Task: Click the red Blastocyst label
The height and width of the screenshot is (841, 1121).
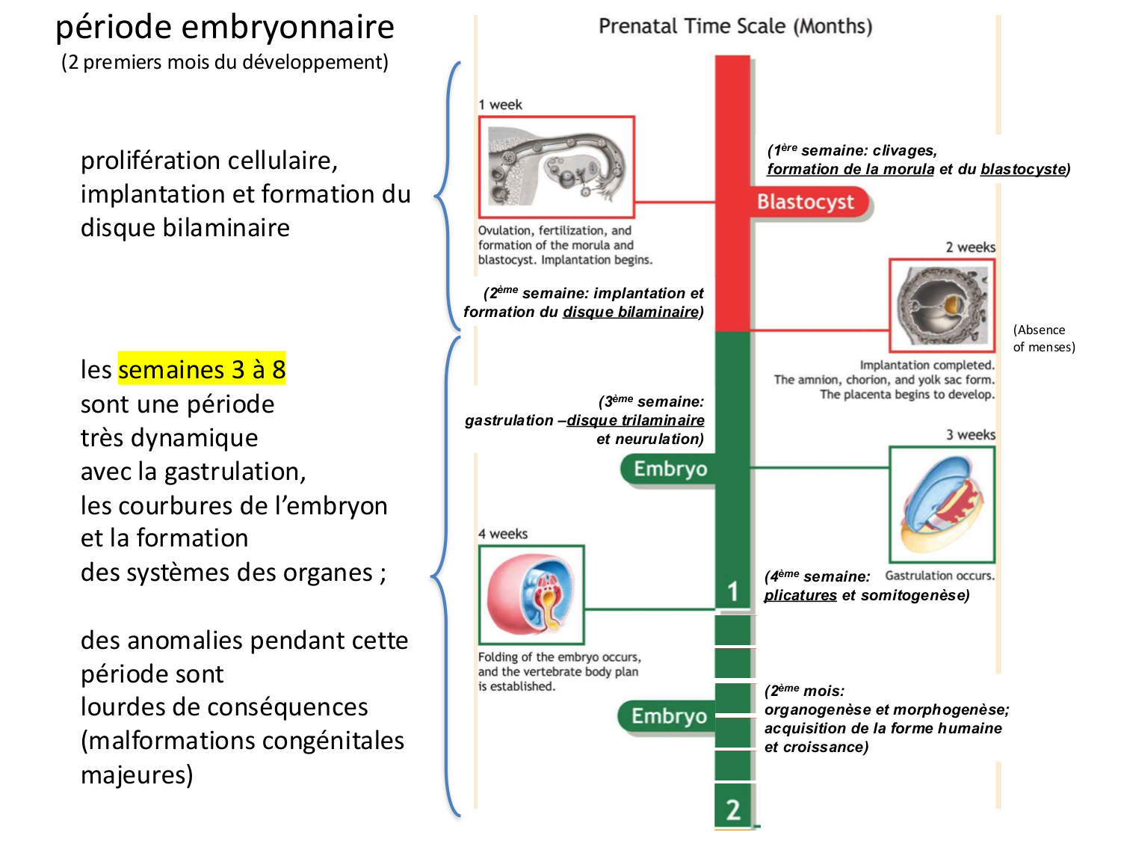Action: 806,203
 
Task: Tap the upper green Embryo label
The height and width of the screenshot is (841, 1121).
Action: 670,469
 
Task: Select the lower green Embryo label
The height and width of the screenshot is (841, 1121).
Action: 668,716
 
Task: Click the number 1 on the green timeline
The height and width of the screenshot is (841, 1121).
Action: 733,591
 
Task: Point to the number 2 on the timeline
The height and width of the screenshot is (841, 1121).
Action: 733,809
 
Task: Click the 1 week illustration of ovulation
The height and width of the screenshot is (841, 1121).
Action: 557,167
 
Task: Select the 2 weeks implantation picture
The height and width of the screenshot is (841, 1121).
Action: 942,305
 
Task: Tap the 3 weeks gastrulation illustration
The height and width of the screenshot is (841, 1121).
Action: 942,505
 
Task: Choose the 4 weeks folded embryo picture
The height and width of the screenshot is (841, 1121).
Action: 531,594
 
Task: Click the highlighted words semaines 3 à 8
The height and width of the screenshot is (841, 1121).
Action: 202,369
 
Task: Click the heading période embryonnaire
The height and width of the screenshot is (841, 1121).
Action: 225,28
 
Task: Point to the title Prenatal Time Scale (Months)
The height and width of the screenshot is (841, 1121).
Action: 735,27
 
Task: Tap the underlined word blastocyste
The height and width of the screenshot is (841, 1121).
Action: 1022,170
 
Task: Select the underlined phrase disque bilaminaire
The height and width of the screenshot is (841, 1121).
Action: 631,312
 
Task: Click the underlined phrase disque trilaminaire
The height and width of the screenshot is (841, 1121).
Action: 635,421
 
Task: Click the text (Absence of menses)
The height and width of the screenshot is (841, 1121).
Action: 1043,338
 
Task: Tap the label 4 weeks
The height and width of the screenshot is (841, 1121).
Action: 503,534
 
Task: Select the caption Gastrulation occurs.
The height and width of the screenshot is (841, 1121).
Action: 939,576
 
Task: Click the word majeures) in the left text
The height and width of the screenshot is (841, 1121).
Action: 137,774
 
